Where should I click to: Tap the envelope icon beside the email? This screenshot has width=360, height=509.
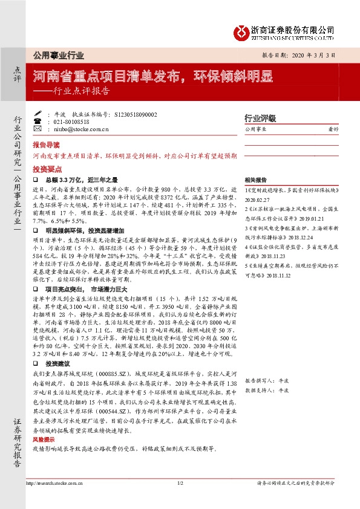click(38, 129)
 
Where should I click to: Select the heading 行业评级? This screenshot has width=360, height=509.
click(260, 118)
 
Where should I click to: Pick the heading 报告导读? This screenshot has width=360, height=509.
click(47, 146)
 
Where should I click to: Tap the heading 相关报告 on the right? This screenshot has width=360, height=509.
click(256, 181)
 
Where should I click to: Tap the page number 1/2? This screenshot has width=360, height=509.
click(180, 484)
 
